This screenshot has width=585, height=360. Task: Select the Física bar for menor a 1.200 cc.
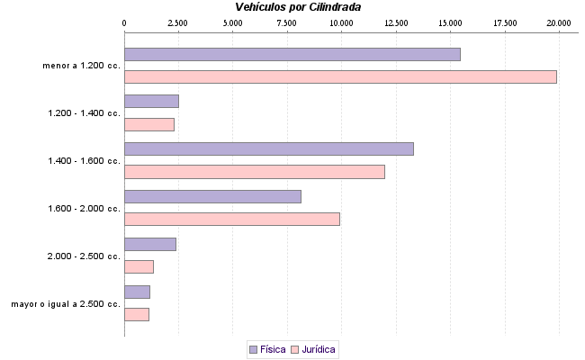(292, 54)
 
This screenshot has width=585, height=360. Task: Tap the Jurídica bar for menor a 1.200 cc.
(340, 76)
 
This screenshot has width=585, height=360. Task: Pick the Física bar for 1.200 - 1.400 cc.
(151, 101)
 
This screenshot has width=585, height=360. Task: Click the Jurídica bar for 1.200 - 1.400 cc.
(148, 124)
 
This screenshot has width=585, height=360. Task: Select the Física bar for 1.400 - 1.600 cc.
(268, 148)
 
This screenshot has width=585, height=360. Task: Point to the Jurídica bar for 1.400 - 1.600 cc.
(254, 172)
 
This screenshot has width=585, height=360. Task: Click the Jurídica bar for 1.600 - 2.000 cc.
(231, 219)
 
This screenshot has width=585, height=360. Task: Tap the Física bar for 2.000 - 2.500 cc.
(149, 244)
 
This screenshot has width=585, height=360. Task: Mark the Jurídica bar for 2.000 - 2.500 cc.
(139, 266)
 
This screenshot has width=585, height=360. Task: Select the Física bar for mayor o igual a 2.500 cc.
(137, 292)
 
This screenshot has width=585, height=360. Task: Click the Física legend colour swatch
(253, 349)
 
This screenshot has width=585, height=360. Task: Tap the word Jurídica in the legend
(319, 349)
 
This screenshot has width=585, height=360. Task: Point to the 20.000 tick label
(559, 22)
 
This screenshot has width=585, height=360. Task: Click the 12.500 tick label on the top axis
(396, 22)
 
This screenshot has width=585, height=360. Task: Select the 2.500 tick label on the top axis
(178, 22)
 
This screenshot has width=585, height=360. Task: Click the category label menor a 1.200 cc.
(81, 65)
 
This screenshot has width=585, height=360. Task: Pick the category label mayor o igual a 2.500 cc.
(66, 304)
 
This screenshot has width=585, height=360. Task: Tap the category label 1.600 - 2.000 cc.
(84, 209)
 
